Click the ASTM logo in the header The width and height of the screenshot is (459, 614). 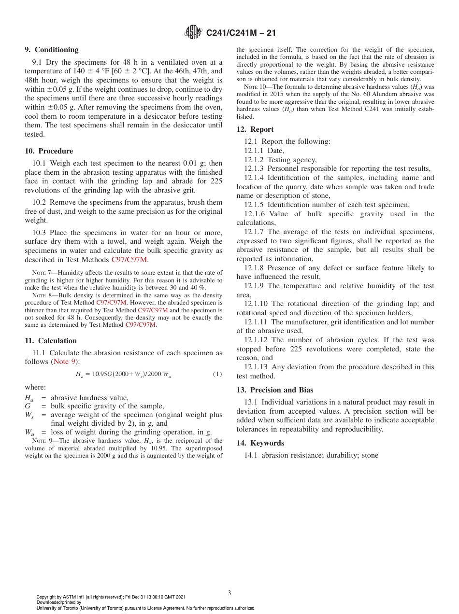pos(194,33)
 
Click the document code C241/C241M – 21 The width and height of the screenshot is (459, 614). pos(241,33)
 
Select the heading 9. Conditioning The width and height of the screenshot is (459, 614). pos(52,50)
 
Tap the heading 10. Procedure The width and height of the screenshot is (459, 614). pos(49,151)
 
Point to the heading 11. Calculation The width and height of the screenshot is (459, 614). pos(51,341)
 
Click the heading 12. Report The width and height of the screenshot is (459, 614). pos(255,129)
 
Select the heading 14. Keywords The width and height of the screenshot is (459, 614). pos(260,443)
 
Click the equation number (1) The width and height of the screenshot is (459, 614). pos(217,375)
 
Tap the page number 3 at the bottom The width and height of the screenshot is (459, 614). pos(229,593)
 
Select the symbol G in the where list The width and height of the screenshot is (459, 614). pos(28,406)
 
